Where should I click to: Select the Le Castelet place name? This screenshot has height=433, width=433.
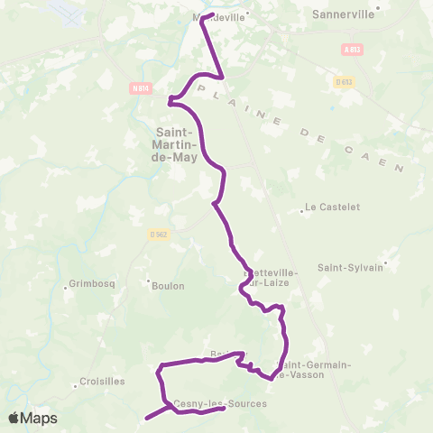pos(333,207)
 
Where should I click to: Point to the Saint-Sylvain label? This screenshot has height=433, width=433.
pos(350,267)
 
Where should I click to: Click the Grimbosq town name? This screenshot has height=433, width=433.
pos(90,286)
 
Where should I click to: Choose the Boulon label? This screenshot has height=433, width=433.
pos(167,286)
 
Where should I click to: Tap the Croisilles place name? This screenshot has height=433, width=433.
pos(102,382)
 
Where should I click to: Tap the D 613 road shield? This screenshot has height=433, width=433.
pos(343,82)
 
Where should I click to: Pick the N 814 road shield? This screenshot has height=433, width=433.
pos(139,88)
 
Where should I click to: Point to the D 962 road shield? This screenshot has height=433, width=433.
pos(159,235)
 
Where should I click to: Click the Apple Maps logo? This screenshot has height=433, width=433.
pos(32,418)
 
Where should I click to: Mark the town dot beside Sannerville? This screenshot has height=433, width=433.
pos(379,7)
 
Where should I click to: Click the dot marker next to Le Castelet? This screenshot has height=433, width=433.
pos(301,213)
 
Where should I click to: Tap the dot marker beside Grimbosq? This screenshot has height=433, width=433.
pos(66,289)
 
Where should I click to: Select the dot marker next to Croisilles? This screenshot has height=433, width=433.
pos(76,387)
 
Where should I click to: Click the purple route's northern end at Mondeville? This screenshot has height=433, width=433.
pos(207,16)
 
